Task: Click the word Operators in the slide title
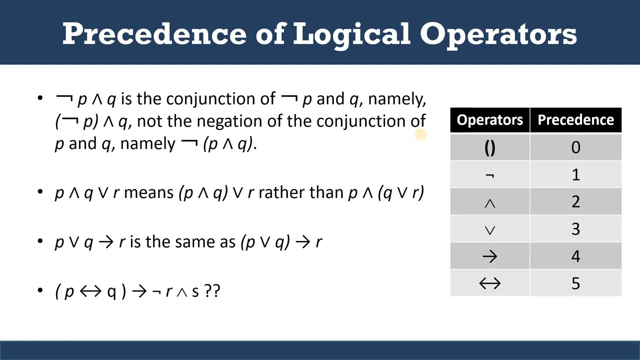498,33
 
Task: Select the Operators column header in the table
489,120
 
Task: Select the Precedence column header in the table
575,120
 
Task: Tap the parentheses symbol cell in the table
489,147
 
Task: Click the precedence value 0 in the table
575,147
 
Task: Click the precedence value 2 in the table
575,202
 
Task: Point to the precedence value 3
575,229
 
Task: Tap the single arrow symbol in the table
489,256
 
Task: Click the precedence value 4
575,256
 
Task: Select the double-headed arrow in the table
489,283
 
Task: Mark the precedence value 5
575,283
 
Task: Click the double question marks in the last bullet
212,291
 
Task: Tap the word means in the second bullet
148,192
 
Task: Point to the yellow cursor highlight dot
420,134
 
